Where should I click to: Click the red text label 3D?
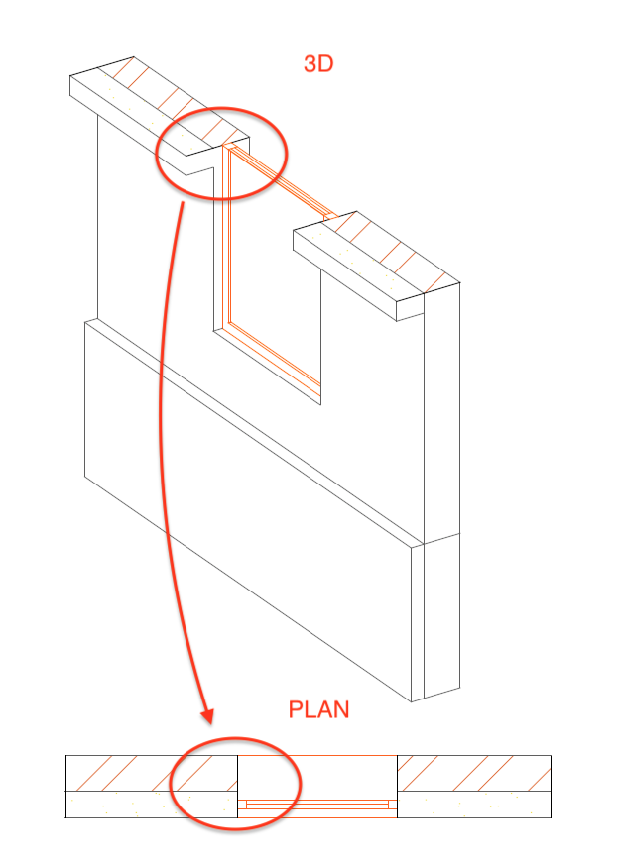click(x=318, y=64)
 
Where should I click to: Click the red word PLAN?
click(x=319, y=709)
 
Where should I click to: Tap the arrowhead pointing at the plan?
click(x=207, y=717)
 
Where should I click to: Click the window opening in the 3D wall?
click(x=275, y=274)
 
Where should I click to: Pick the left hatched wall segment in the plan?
click(x=152, y=774)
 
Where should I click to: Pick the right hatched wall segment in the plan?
click(x=474, y=774)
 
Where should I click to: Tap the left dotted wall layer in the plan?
click(x=152, y=805)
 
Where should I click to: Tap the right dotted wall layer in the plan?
click(x=474, y=805)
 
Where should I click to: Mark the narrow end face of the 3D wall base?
click(x=418, y=623)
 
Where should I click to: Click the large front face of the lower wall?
click(x=248, y=511)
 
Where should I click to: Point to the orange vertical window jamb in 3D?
click(x=226, y=236)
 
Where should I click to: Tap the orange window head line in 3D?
click(x=280, y=180)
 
